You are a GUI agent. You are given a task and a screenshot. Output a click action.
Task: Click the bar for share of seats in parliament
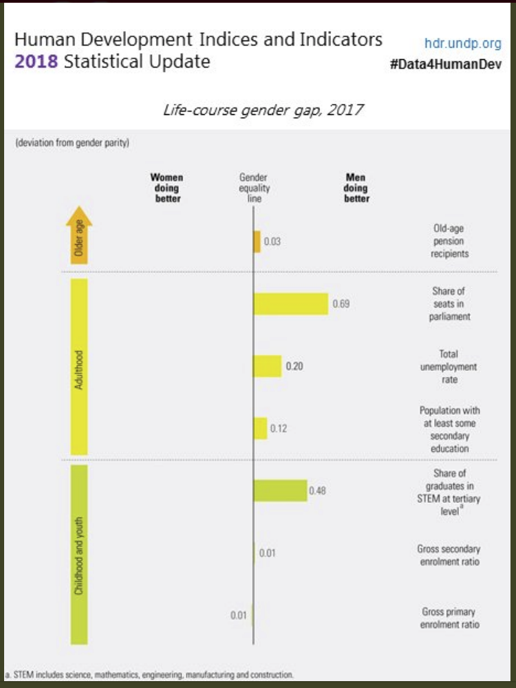pos(290,303)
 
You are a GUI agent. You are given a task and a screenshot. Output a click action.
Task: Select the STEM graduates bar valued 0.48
pos(280,491)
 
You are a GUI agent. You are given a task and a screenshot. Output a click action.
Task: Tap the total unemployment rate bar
pos(267,366)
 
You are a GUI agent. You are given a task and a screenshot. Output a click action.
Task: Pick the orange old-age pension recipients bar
pos(257,241)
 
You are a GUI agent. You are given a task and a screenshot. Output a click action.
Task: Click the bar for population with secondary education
pos(260,428)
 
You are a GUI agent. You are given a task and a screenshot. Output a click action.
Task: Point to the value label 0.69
pos(341,303)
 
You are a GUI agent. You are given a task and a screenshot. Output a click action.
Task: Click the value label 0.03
pos(272,241)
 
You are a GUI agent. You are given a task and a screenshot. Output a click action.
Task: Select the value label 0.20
pos(294,366)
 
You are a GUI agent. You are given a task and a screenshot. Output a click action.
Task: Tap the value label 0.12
pos(279,428)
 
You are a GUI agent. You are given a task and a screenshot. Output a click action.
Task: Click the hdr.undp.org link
pos(462,43)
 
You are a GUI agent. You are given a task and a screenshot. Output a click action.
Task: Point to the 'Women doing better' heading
pos(166,188)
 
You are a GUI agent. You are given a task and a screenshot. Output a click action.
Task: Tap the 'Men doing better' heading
pos(356,188)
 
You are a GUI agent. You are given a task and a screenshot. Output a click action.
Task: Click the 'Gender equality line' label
pos(254,188)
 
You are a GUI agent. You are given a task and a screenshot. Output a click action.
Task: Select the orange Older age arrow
pos(79,235)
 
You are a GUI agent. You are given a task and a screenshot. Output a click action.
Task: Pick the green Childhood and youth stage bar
pos(79,554)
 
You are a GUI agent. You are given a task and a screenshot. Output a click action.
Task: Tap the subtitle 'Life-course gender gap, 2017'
pos(263,110)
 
